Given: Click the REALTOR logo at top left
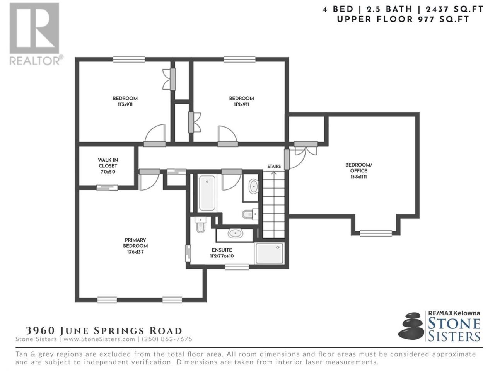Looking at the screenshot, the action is point(36,34).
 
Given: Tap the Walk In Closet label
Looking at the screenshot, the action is point(108,163).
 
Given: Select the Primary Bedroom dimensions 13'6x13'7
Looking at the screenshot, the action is point(135,252).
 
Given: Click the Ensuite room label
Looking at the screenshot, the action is point(222,250).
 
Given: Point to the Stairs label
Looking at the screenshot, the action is point(274,167).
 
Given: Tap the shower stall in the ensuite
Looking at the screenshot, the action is point(270,253).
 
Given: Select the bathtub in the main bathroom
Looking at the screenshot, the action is point(207,193).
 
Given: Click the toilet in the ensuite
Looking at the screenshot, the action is point(200,225).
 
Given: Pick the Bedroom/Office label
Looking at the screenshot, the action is point(358,168).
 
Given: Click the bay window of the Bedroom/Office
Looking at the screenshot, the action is point(376,233).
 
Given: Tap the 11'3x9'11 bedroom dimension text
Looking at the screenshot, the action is point(125,104).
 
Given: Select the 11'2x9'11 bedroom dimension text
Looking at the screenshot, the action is point(241,104).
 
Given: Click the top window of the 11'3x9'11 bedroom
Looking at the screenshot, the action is point(129,59).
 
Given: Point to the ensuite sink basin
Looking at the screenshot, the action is point(235,233).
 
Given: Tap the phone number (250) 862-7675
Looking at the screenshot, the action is point(167,339).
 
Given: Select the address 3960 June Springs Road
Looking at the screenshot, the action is point(104,331).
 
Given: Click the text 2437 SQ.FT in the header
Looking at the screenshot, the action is point(455,9).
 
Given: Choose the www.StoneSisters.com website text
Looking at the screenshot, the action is point(99,339).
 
